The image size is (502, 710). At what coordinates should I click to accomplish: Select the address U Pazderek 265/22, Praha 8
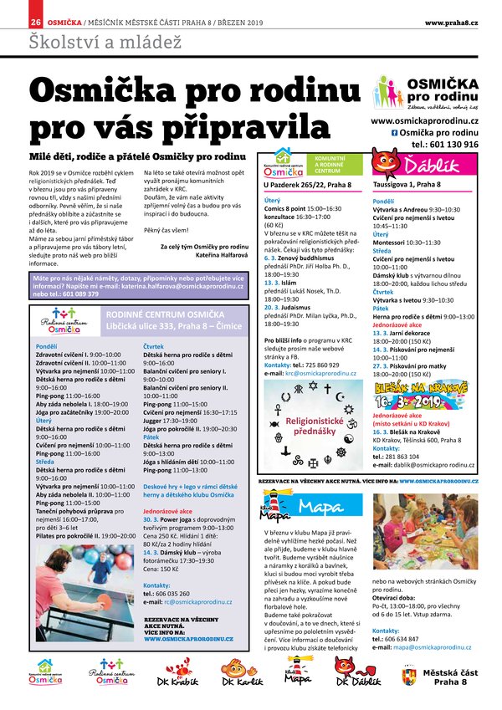[x=307, y=183]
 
